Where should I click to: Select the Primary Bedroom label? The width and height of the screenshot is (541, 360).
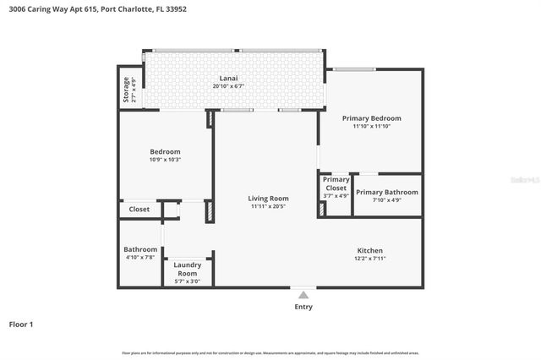pyautogui.click(x=371, y=118)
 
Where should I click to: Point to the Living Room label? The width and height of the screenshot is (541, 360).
pyautogui.click(x=268, y=199)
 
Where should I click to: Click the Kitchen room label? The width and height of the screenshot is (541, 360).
pyautogui.click(x=370, y=251)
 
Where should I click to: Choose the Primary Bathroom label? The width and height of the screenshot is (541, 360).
pyautogui.click(x=387, y=192)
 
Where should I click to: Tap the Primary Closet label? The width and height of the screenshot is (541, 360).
pyautogui.click(x=336, y=183)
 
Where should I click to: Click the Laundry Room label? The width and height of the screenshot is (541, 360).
pyautogui.click(x=187, y=269)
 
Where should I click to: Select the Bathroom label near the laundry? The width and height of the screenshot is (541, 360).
pyautogui.click(x=140, y=249)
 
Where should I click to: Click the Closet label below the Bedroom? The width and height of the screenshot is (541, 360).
pyautogui.click(x=139, y=210)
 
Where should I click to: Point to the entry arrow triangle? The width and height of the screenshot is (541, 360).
pyautogui.click(x=303, y=294)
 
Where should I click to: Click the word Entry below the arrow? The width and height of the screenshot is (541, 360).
pyautogui.click(x=303, y=307)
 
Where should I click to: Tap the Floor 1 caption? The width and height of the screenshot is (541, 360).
pyautogui.click(x=21, y=324)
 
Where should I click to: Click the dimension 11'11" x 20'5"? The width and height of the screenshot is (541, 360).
pyautogui.click(x=268, y=206)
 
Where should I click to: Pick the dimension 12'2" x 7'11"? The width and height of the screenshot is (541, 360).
pyautogui.click(x=370, y=259)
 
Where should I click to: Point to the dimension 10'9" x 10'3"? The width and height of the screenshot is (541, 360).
pyautogui.click(x=165, y=160)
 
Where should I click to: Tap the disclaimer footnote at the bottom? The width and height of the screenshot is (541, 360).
pyautogui.click(x=270, y=352)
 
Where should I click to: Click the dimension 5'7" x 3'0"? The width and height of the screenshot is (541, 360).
pyautogui.click(x=187, y=281)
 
